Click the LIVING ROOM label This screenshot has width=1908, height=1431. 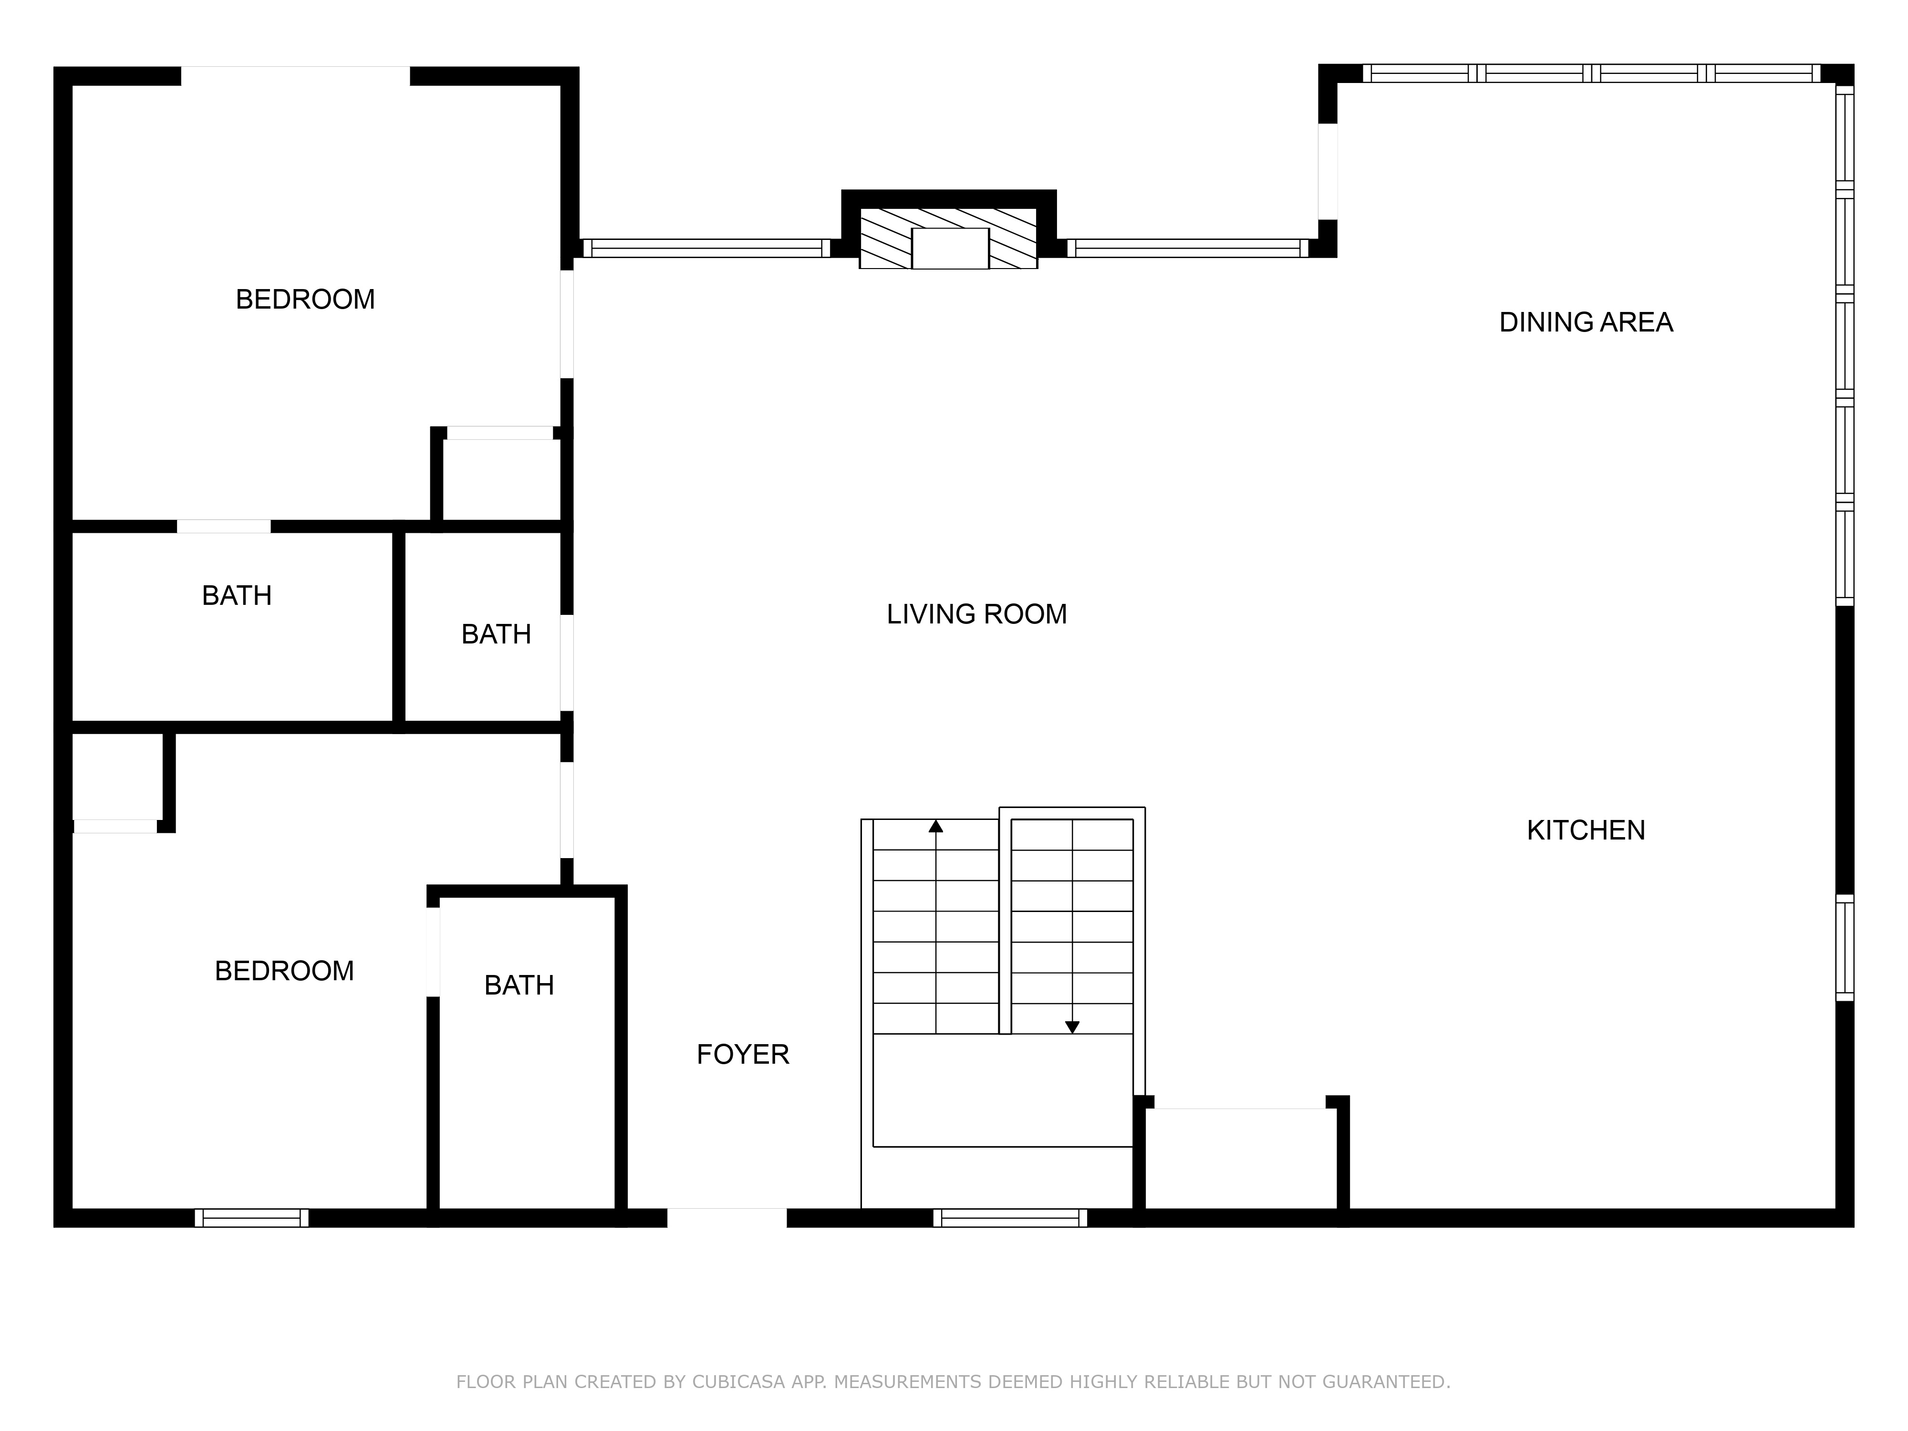(x=976, y=614)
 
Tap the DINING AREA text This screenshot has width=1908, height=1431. (x=1586, y=322)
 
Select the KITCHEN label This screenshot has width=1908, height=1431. (x=1586, y=830)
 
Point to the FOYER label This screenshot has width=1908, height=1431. (x=743, y=1054)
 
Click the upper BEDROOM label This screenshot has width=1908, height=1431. (x=305, y=299)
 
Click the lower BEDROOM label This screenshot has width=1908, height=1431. (x=284, y=971)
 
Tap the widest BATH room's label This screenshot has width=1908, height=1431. (x=236, y=595)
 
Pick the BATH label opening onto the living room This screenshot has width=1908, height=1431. (x=496, y=634)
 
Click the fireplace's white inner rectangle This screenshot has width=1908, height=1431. (x=950, y=249)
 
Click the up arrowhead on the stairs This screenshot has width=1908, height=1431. (x=936, y=826)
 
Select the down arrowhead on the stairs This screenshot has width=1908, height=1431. (x=1072, y=1027)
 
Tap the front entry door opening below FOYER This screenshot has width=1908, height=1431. (x=727, y=1217)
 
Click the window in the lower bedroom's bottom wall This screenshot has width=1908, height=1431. (x=251, y=1218)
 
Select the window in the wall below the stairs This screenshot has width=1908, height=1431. (x=1010, y=1218)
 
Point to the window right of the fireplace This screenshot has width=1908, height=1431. (x=1189, y=249)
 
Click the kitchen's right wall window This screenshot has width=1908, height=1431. (x=1844, y=947)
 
